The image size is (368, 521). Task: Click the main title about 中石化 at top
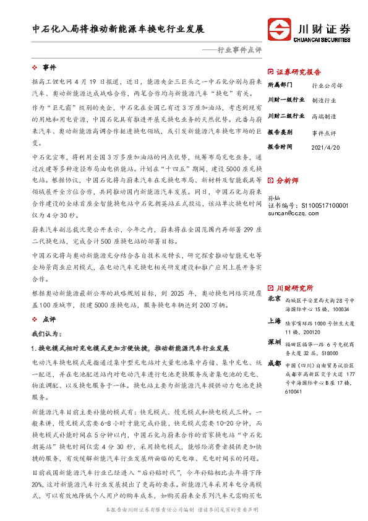(x=118, y=29)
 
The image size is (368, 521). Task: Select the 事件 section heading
(x=49, y=67)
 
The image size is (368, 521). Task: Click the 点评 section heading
(x=49, y=319)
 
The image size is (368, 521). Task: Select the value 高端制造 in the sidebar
(x=323, y=116)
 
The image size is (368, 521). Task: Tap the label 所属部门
(x=279, y=84)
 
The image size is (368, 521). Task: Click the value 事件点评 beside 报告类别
(x=323, y=132)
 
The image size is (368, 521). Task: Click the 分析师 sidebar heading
(x=288, y=181)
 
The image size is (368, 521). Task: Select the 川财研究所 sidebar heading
(x=294, y=288)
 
